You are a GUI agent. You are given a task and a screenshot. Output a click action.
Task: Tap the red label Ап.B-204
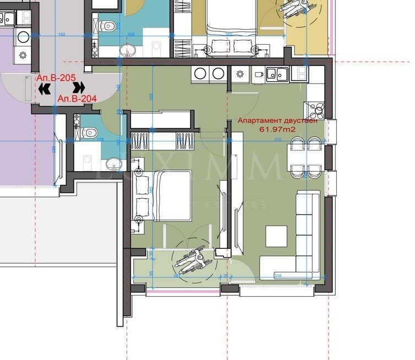coord(77,99)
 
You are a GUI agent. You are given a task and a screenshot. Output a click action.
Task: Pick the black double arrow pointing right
coord(79,87)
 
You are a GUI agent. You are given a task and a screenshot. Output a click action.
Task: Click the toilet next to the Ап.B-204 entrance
coord(88,132)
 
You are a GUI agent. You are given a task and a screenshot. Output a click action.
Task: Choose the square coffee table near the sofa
coord(276,236)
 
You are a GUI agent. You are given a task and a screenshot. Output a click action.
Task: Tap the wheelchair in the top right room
coord(290,7)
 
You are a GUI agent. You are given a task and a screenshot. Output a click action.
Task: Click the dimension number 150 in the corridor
coord(61,35)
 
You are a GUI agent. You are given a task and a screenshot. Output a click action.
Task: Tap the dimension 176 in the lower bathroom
coord(100,140)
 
